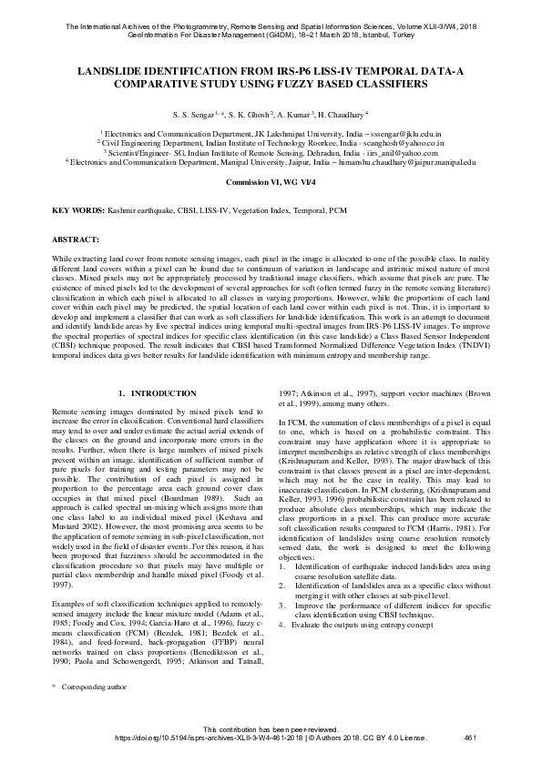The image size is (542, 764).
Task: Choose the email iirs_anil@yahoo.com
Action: click(395, 152)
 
